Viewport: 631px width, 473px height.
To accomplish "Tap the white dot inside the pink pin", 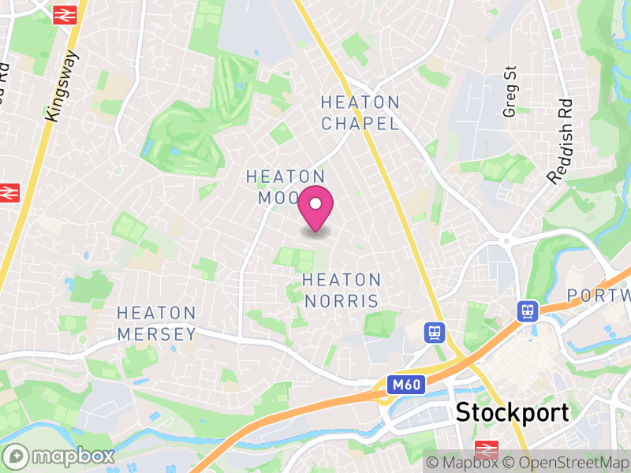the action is click(315, 204).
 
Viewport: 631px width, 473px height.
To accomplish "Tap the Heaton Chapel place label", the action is click(360, 113).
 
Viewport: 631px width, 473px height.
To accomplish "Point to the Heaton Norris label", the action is click(342, 290).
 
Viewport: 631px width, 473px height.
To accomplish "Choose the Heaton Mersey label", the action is click(156, 324).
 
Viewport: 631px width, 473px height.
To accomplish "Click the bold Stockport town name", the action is click(512, 412).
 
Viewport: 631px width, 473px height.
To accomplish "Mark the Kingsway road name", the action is click(63, 86).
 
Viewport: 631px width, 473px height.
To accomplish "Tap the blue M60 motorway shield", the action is click(407, 385).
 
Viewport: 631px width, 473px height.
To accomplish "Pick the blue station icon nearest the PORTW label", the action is click(527, 311).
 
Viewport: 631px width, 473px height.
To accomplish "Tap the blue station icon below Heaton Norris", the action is click(433, 332).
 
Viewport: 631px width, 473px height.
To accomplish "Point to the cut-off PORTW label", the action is click(599, 296).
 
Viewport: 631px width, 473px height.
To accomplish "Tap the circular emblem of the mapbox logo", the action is click(17, 456).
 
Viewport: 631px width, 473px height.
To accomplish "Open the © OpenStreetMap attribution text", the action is click(566, 463).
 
